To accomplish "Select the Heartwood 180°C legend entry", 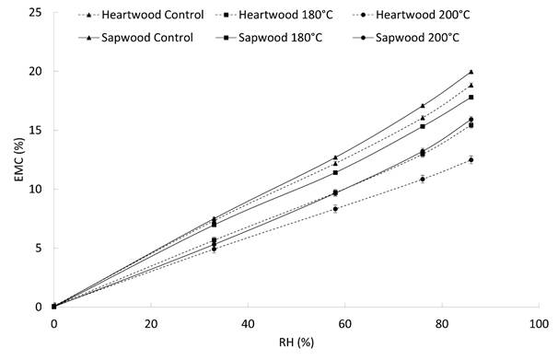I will [x=281, y=14].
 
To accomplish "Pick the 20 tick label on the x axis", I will [x=151, y=325].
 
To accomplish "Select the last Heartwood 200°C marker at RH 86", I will [x=471, y=160].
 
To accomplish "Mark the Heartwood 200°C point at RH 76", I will [x=423, y=179].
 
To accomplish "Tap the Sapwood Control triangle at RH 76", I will [x=423, y=106].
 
